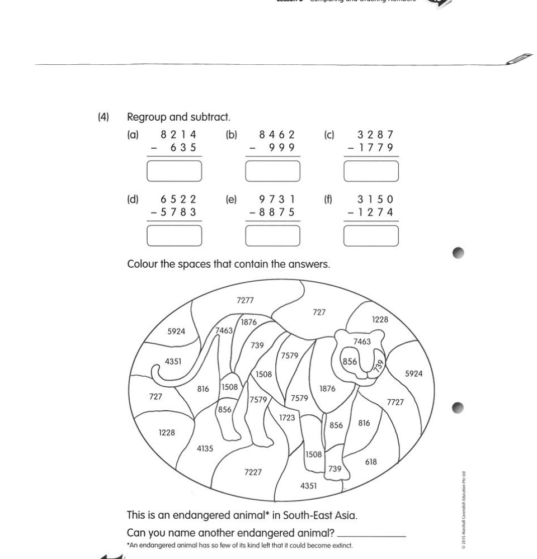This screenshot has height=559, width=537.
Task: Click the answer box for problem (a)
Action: (x=174, y=171)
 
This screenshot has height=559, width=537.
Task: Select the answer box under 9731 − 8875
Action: (x=272, y=236)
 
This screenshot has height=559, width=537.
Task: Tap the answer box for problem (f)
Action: (x=371, y=236)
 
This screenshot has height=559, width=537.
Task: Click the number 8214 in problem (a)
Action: (x=178, y=135)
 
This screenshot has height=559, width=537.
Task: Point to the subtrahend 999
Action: (x=278, y=148)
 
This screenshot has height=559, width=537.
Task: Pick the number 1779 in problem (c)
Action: (x=375, y=148)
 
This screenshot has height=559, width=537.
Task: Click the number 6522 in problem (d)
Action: (x=178, y=200)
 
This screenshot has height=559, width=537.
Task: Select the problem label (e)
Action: (x=231, y=199)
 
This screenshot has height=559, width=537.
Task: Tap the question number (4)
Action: (x=103, y=117)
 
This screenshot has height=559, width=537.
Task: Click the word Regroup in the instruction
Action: (x=147, y=118)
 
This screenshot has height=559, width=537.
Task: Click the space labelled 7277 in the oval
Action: (x=245, y=300)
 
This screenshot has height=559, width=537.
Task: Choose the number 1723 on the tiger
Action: (x=287, y=418)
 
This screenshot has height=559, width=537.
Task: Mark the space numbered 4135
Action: (x=205, y=448)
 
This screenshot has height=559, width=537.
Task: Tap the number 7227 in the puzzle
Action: (x=253, y=472)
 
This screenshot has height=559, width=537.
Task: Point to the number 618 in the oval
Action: (x=371, y=462)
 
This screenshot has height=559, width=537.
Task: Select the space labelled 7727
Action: (x=395, y=402)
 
